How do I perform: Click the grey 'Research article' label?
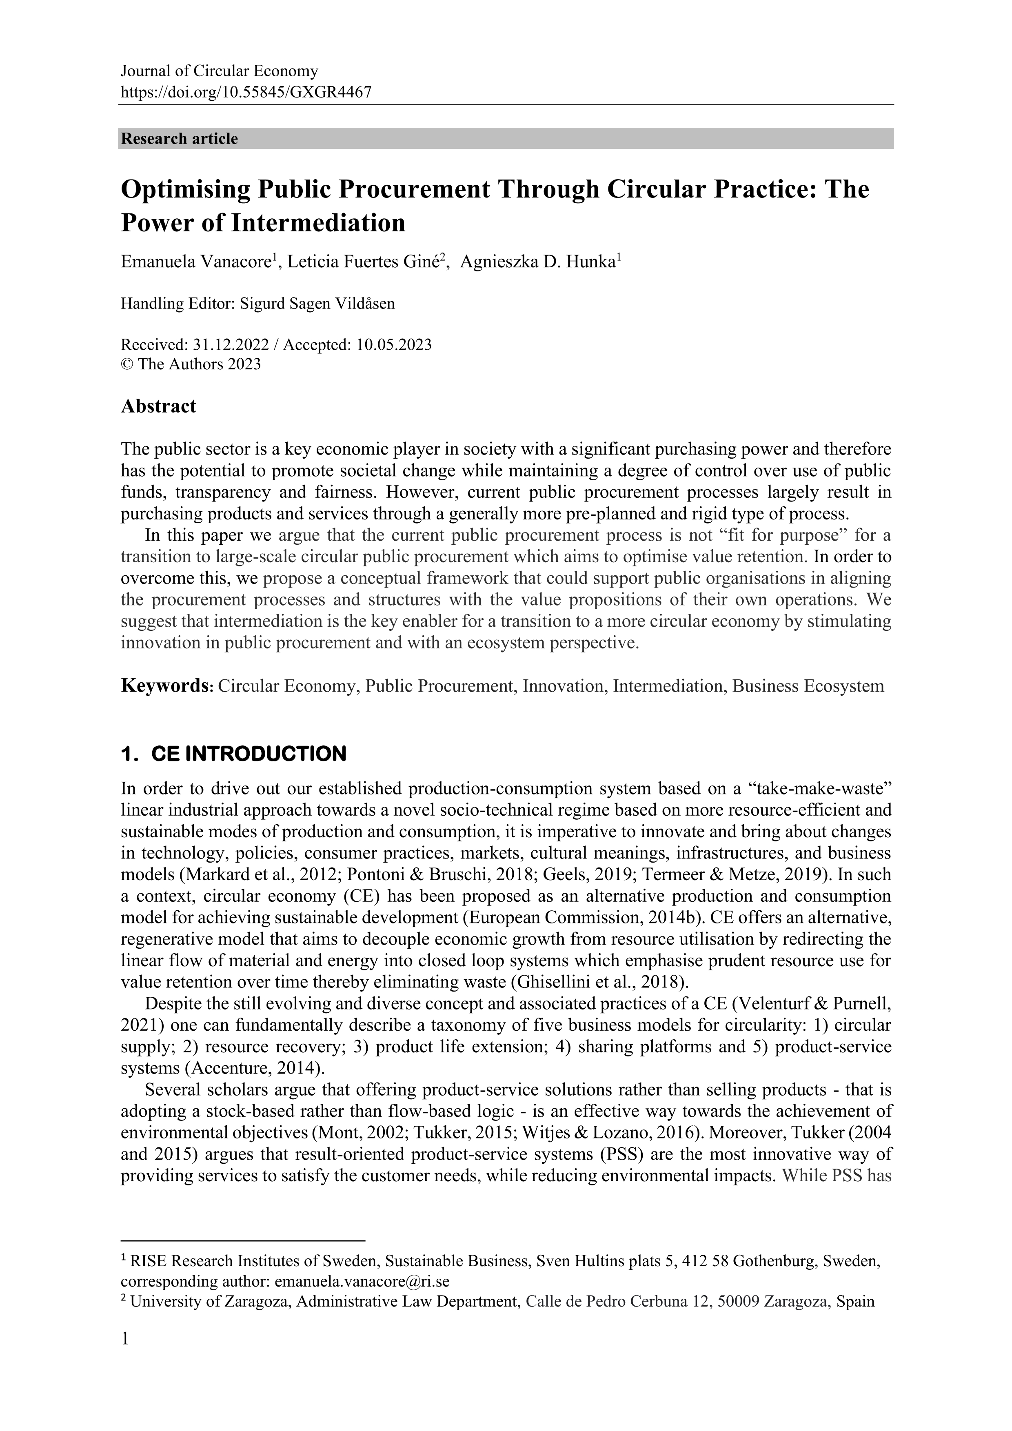click(x=180, y=138)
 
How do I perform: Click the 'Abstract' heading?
click(x=158, y=406)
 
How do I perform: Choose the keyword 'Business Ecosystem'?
click(x=808, y=686)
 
